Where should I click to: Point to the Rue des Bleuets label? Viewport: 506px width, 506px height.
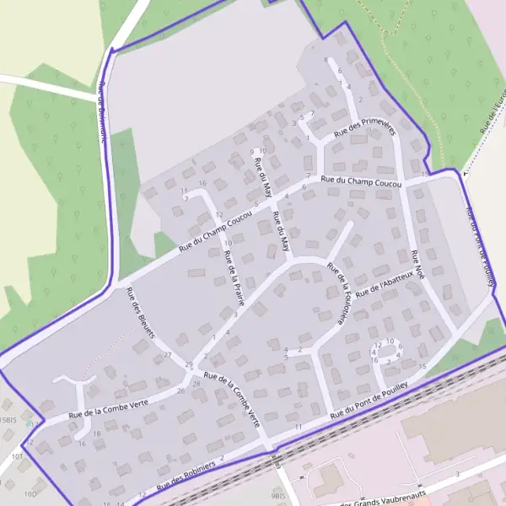pyautogui.click(x=141, y=313)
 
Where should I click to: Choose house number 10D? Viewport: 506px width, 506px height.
pyautogui.click(x=30, y=493)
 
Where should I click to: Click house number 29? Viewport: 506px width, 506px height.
pyautogui.click(x=189, y=363)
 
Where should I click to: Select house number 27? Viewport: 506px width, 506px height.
pyautogui.click(x=167, y=355)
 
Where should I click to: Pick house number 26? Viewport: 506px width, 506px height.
pyautogui.click(x=180, y=390)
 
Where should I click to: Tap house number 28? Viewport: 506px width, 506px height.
pyautogui.click(x=196, y=384)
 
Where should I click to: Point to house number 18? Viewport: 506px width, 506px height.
pyautogui.click(x=97, y=433)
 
